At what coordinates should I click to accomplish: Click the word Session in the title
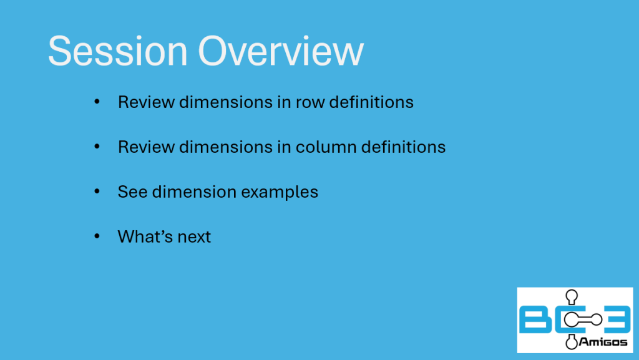click(118, 51)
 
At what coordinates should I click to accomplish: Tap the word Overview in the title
click(281, 51)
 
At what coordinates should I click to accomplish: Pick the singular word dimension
click(195, 192)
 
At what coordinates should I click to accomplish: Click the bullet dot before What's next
click(97, 236)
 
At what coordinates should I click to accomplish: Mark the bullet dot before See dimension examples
click(97, 191)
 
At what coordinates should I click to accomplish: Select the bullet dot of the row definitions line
click(97, 101)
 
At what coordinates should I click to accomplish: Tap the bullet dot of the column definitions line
click(97, 146)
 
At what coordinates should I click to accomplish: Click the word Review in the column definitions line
click(146, 147)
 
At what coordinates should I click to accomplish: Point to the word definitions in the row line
click(371, 102)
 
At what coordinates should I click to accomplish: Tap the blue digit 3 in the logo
click(616, 319)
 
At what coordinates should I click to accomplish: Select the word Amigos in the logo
click(603, 342)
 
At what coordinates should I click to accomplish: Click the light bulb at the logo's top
click(572, 296)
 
